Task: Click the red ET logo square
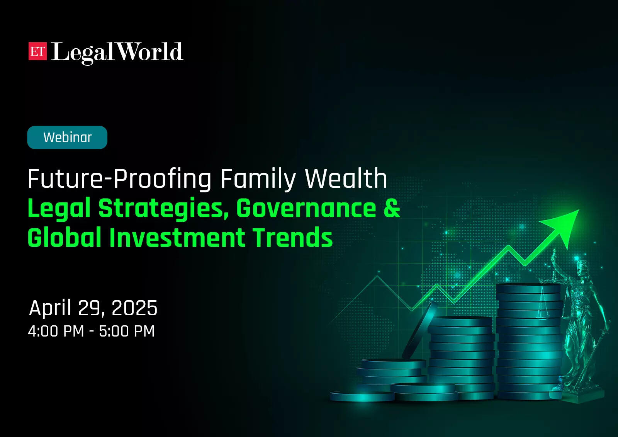tap(37, 51)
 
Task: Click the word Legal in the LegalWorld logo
tap(82, 53)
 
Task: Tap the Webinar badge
tap(67, 138)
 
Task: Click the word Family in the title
tap(258, 179)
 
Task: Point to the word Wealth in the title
tap(346, 179)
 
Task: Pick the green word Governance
tap(306, 207)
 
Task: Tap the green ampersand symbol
tap(392, 207)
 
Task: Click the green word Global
tap(64, 237)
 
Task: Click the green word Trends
tap(293, 237)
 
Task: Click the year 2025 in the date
tap(135, 308)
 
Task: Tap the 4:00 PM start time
tap(56, 331)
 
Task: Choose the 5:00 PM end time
tap(127, 331)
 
